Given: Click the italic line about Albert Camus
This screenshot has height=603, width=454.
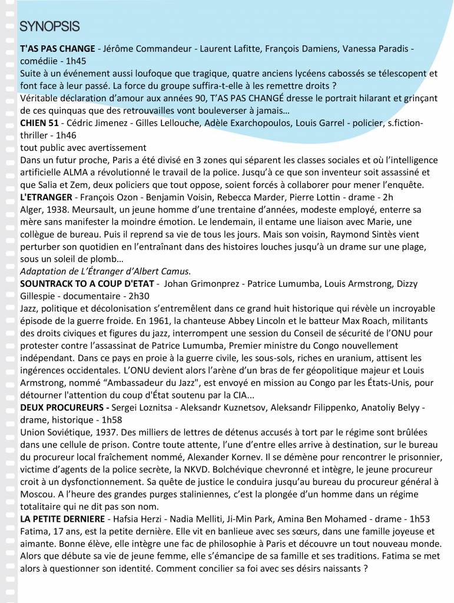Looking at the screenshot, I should point(105,271).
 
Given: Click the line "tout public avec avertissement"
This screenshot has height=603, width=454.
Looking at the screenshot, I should point(82,147).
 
